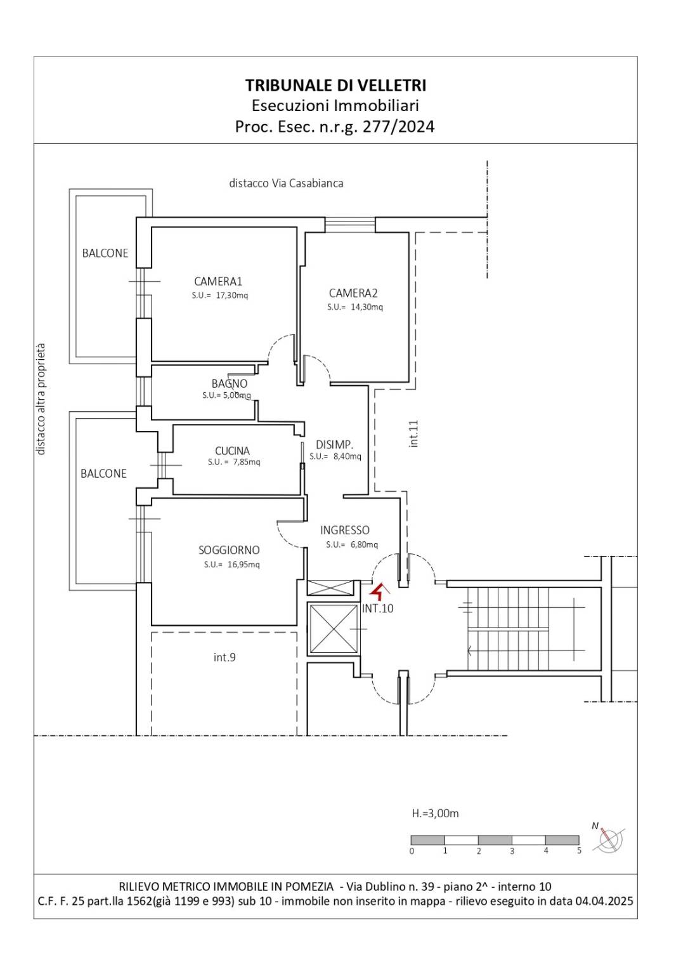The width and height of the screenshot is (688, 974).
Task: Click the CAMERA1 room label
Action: coord(217,281)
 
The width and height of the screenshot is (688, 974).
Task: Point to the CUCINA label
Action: coord(232,451)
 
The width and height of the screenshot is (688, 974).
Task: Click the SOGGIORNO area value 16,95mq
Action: coord(243,565)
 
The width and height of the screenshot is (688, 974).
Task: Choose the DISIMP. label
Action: coord(334,445)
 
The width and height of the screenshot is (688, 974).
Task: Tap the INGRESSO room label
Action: coord(345,530)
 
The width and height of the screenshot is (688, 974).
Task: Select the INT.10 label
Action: coord(377,609)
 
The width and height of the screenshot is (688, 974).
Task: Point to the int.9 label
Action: coord(224,657)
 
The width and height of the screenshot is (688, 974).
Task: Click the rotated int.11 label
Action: coord(413,433)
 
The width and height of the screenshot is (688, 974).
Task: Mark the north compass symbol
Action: coord(610,839)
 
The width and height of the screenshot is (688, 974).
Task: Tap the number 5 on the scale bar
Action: coord(579,850)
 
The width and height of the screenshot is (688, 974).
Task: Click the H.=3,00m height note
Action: coord(435,813)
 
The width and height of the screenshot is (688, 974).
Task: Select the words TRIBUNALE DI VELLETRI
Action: coord(335,85)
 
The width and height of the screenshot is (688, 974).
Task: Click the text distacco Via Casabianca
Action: coord(286,183)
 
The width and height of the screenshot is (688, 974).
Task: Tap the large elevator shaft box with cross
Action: coord(334,629)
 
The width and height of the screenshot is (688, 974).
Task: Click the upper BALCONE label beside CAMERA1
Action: coord(105,253)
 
